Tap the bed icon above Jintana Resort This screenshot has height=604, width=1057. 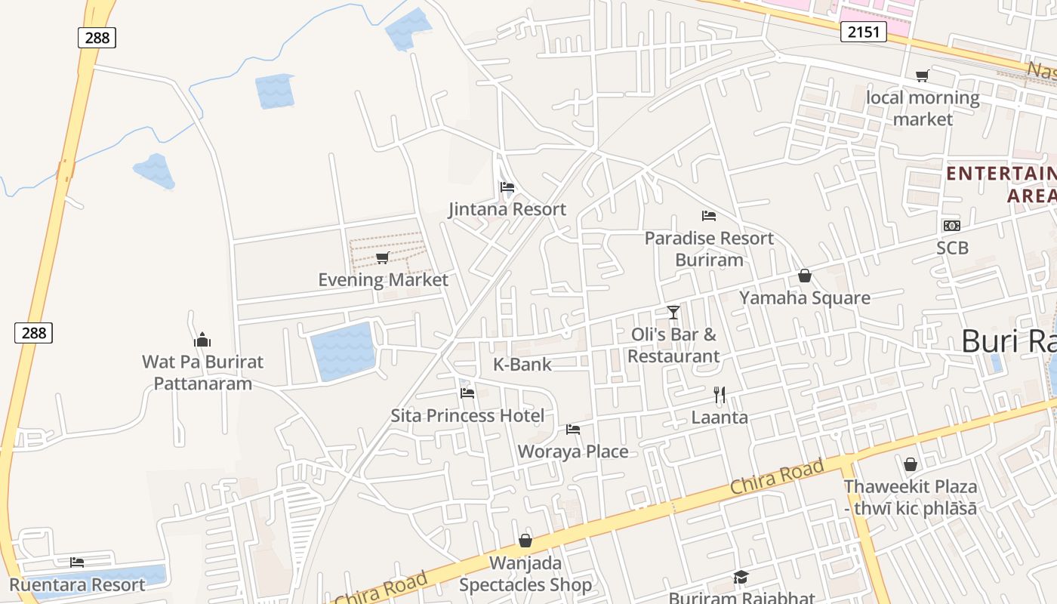tap(507, 187)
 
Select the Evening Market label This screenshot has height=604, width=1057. tap(383, 280)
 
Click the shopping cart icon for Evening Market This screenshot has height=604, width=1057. tap(383, 258)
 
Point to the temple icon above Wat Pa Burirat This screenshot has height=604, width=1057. tap(202, 340)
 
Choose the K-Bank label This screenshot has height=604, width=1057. tap(522, 365)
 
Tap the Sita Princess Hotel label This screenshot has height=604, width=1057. tap(467, 416)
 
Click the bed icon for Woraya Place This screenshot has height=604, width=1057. tap(573, 430)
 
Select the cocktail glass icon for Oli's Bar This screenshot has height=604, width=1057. tap(673, 312)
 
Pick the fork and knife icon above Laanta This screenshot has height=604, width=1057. tap(720, 395)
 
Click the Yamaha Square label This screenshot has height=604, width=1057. tap(805, 298)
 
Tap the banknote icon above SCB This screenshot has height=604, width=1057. tap(951, 226)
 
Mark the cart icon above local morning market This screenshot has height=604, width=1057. tap(922, 75)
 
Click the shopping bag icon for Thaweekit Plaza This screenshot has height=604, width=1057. tap(911, 464)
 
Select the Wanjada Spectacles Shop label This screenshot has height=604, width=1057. tap(525, 574)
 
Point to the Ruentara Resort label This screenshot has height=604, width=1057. tap(77, 585)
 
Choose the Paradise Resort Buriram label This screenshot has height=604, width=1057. tap(709, 249)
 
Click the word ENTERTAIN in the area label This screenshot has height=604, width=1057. tap(1000, 174)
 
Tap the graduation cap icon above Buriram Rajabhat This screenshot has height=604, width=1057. tap(741, 578)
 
